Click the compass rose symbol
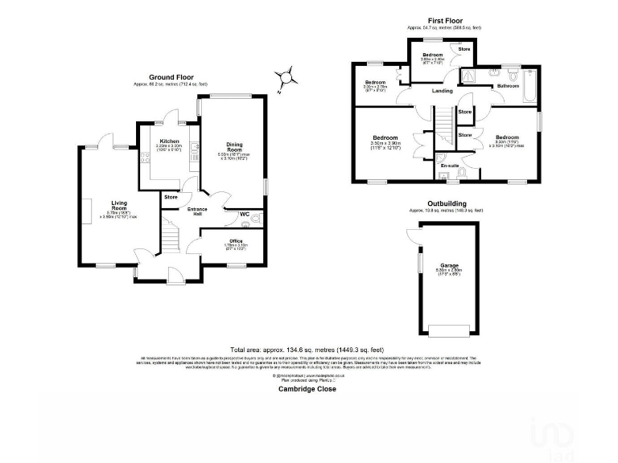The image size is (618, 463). pos(284,78)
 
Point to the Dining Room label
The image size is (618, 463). pos(234,147)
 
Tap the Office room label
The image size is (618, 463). pos(236,240)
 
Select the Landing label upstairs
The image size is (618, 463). pos(443,91)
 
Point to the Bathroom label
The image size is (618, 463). pos(508,85)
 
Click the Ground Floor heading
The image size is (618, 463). pos(171,77)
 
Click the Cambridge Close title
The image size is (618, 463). pos(307,388)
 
